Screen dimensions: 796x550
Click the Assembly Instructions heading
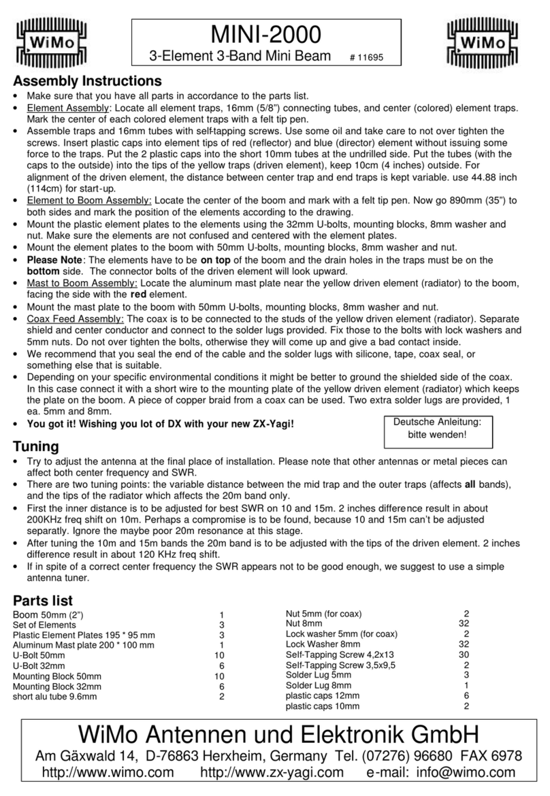click(x=87, y=81)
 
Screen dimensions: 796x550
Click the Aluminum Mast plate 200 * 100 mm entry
click(x=84, y=645)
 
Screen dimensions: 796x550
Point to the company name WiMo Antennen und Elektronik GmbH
click(x=275, y=735)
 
